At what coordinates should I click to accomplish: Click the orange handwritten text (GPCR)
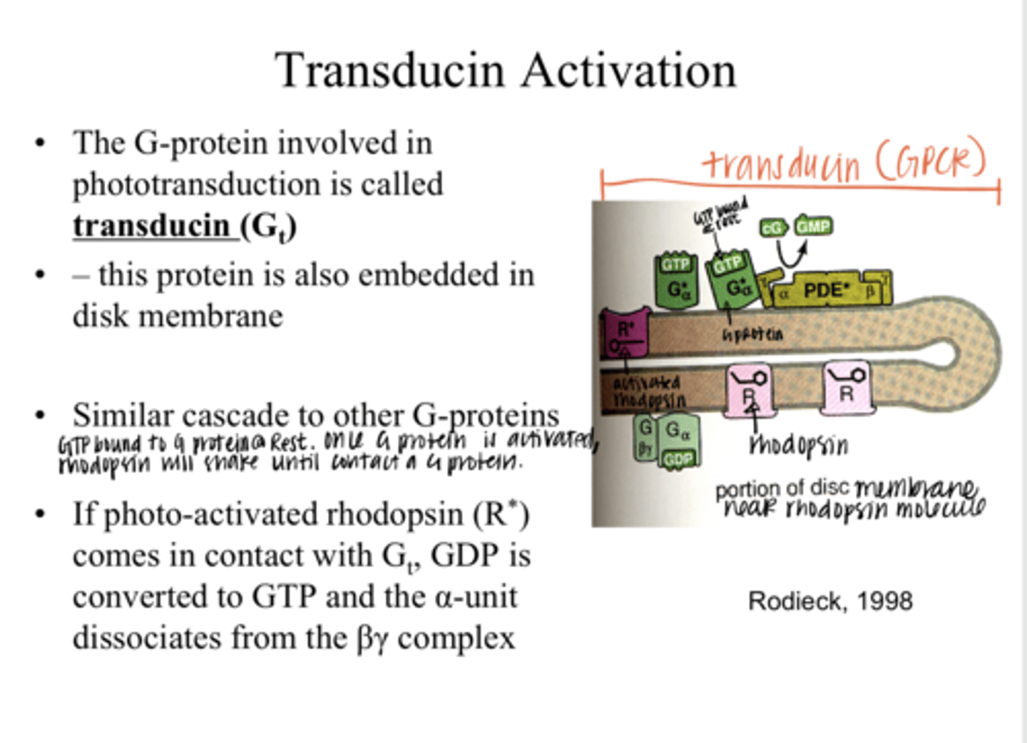click(x=931, y=161)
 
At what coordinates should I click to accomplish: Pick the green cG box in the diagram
click(x=773, y=228)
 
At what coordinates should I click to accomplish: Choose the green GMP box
click(x=813, y=226)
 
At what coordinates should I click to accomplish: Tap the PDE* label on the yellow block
click(x=826, y=290)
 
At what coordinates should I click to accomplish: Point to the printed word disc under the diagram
click(x=829, y=488)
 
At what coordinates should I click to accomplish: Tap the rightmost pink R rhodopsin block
click(x=847, y=389)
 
